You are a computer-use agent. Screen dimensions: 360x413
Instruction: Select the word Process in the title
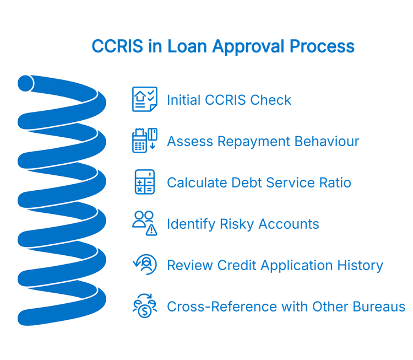pyautogui.click(x=325, y=46)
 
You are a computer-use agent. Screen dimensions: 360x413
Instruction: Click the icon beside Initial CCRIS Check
pyautogui.click(x=144, y=100)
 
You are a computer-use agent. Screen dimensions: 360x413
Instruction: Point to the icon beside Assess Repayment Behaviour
pyautogui.click(x=144, y=141)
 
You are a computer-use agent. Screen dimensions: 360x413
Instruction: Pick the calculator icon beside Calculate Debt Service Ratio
pyautogui.click(x=144, y=182)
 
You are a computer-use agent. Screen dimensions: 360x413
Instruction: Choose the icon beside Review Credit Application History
pyautogui.click(x=144, y=265)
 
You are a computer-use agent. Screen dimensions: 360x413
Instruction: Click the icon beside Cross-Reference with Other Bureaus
pyautogui.click(x=144, y=306)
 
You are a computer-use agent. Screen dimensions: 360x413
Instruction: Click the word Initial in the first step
pyautogui.click(x=185, y=100)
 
